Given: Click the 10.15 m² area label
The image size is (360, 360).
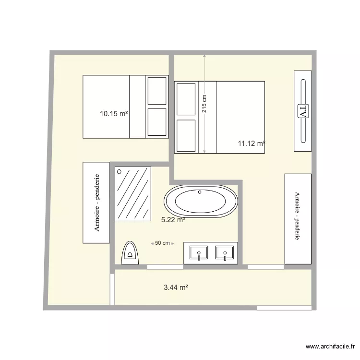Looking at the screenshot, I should (x=114, y=114).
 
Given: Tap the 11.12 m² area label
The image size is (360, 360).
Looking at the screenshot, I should (x=252, y=143).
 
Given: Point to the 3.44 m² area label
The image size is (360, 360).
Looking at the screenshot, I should (x=176, y=288).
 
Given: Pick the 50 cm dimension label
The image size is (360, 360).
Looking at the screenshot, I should (x=163, y=243).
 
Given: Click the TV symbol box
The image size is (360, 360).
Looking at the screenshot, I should (x=303, y=111).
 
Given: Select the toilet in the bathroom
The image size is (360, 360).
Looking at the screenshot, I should (x=130, y=253).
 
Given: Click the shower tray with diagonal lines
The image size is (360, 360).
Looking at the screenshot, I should (x=133, y=194).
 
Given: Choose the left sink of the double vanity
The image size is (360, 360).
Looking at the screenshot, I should (x=199, y=252).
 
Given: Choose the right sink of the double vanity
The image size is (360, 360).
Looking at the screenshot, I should (x=224, y=252).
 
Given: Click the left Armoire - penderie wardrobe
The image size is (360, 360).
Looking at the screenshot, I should (x=96, y=203).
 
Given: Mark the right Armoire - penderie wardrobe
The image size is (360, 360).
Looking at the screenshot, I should (x=298, y=218).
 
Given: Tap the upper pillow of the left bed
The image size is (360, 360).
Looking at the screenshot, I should (x=156, y=90).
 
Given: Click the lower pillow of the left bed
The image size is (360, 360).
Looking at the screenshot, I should (x=156, y=122).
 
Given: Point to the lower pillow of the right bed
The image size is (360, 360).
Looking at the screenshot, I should (x=186, y=135).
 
